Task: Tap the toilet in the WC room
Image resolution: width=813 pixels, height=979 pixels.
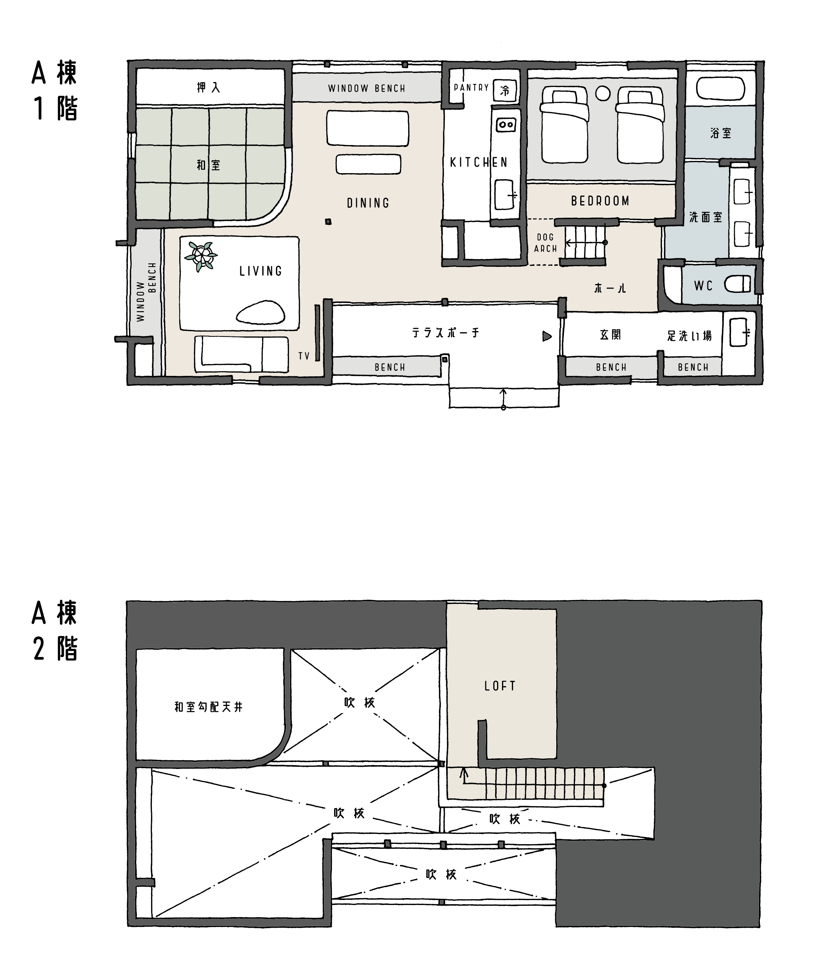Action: (737, 284)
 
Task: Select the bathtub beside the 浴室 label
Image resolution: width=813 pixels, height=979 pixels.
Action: (720, 88)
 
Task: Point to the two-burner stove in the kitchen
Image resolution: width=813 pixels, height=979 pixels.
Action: (506, 125)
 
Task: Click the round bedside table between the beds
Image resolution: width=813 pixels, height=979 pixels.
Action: (603, 94)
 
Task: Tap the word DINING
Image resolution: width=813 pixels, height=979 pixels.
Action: (368, 203)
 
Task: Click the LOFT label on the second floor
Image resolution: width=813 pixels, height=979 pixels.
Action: (500, 686)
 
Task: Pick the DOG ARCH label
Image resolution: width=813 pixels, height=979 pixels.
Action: (545, 243)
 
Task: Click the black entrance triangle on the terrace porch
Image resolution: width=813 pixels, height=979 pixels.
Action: (547, 336)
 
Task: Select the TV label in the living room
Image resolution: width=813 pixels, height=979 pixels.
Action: (304, 356)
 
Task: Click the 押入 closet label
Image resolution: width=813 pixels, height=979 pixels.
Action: (208, 88)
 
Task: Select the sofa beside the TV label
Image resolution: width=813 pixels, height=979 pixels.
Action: (242, 354)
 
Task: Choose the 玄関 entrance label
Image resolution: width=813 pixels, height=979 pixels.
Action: (610, 335)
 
